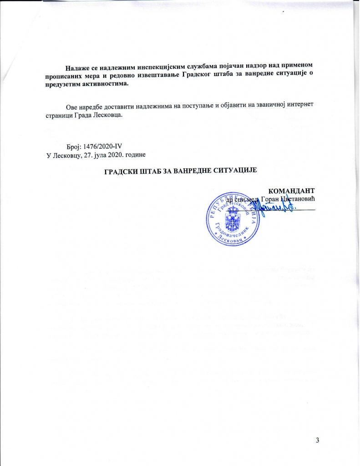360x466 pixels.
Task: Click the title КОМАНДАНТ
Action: click(292, 190)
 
